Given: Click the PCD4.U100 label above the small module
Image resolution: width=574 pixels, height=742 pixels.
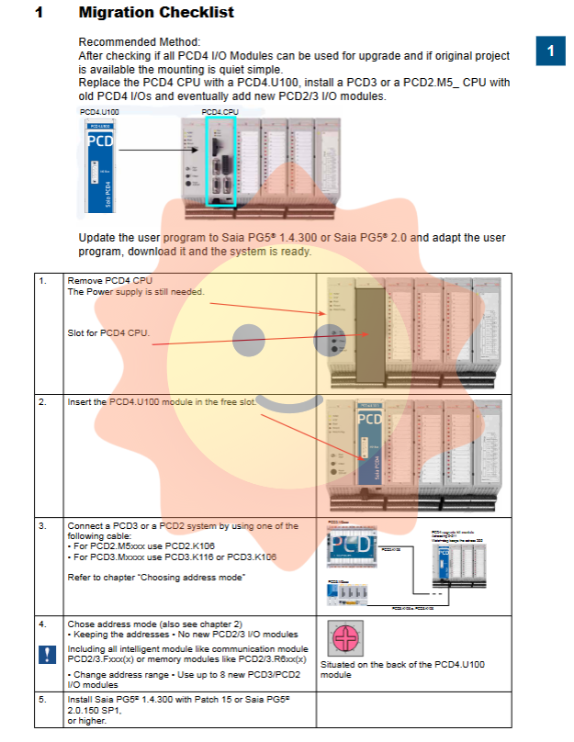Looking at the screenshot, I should (98, 111).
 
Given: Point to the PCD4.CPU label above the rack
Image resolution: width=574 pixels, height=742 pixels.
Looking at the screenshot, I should (219, 111).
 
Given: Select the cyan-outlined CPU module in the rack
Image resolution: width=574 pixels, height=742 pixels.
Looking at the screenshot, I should (221, 161).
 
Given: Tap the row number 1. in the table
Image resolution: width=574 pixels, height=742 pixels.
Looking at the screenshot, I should (43, 280).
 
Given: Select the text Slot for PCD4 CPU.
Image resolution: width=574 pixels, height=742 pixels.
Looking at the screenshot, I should (108, 332).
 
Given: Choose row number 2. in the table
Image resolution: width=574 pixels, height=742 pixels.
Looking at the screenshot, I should (43, 402).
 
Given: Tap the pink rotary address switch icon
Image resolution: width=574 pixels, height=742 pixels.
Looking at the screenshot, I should (342, 638).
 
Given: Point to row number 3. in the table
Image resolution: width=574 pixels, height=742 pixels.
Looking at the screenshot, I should (43, 526).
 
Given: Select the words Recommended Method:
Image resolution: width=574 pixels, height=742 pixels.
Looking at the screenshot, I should (139, 42).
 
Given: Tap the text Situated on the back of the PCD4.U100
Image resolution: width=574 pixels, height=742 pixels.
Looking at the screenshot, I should (402, 664).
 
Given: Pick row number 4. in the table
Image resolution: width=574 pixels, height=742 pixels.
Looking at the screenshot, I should (43, 624).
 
